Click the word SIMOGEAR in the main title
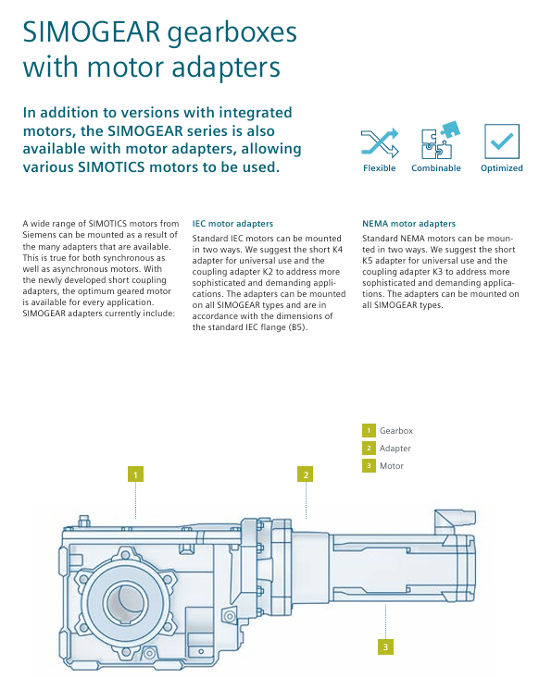(x=92, y=32)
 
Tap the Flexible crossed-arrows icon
(x=380, y=142)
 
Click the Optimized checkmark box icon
(x=501, y=142)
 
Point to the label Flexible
(x=379, y=168)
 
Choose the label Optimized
(x=501, y=168)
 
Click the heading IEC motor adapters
(x=232, y=224)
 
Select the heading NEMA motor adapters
(x=409, y=224)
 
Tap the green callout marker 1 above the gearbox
(x=135, y=474)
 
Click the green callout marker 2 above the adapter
(x=306, y=474)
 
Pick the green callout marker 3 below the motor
(x=385, y=646)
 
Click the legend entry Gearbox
(x=396, y=430)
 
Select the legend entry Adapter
(x=395, y=449)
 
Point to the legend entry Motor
(x=392, y=466)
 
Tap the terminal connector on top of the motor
(x=455, y=521)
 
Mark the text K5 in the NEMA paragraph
(x=368, y=261)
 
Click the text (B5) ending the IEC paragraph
(x=297, y=327)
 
